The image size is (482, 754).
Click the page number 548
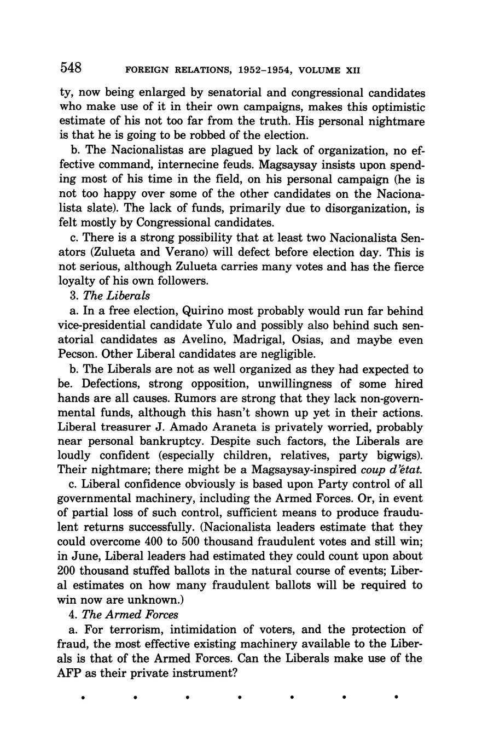(71, 68)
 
